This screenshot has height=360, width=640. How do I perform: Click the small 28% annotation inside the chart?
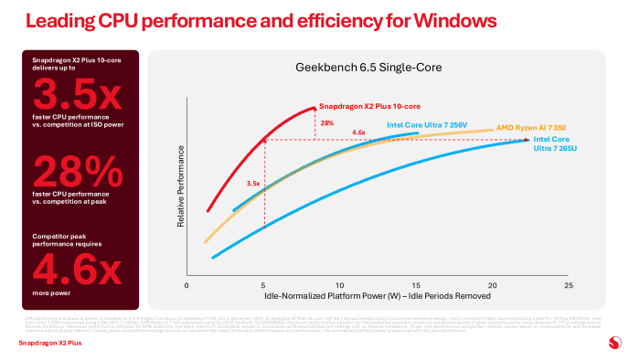(325, 122)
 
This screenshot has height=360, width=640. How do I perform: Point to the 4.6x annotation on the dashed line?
(359, 133)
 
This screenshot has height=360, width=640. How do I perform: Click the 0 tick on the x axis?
(187, 285)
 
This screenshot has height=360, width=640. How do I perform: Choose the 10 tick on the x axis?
(339, 285)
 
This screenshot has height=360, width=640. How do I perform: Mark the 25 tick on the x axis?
(569, 285)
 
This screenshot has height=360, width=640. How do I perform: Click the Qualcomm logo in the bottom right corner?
(613, 343)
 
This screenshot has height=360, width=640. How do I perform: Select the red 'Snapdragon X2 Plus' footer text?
(48, 344)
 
